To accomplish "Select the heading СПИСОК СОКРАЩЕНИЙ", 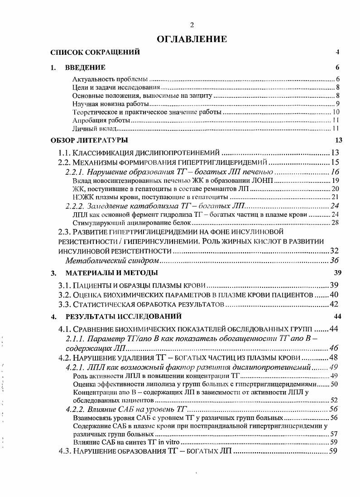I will [x=95, y=53].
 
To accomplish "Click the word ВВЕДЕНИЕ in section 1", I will [x=85, y=68].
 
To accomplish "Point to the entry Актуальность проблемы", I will [x=110, y=80].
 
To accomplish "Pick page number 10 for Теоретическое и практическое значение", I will [x=336, y=112].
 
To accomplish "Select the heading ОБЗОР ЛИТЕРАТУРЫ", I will [x=89, y=139].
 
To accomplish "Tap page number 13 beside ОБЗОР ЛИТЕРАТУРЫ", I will [x=338, y=139].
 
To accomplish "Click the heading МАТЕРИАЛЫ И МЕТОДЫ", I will [x=111, y=273].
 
